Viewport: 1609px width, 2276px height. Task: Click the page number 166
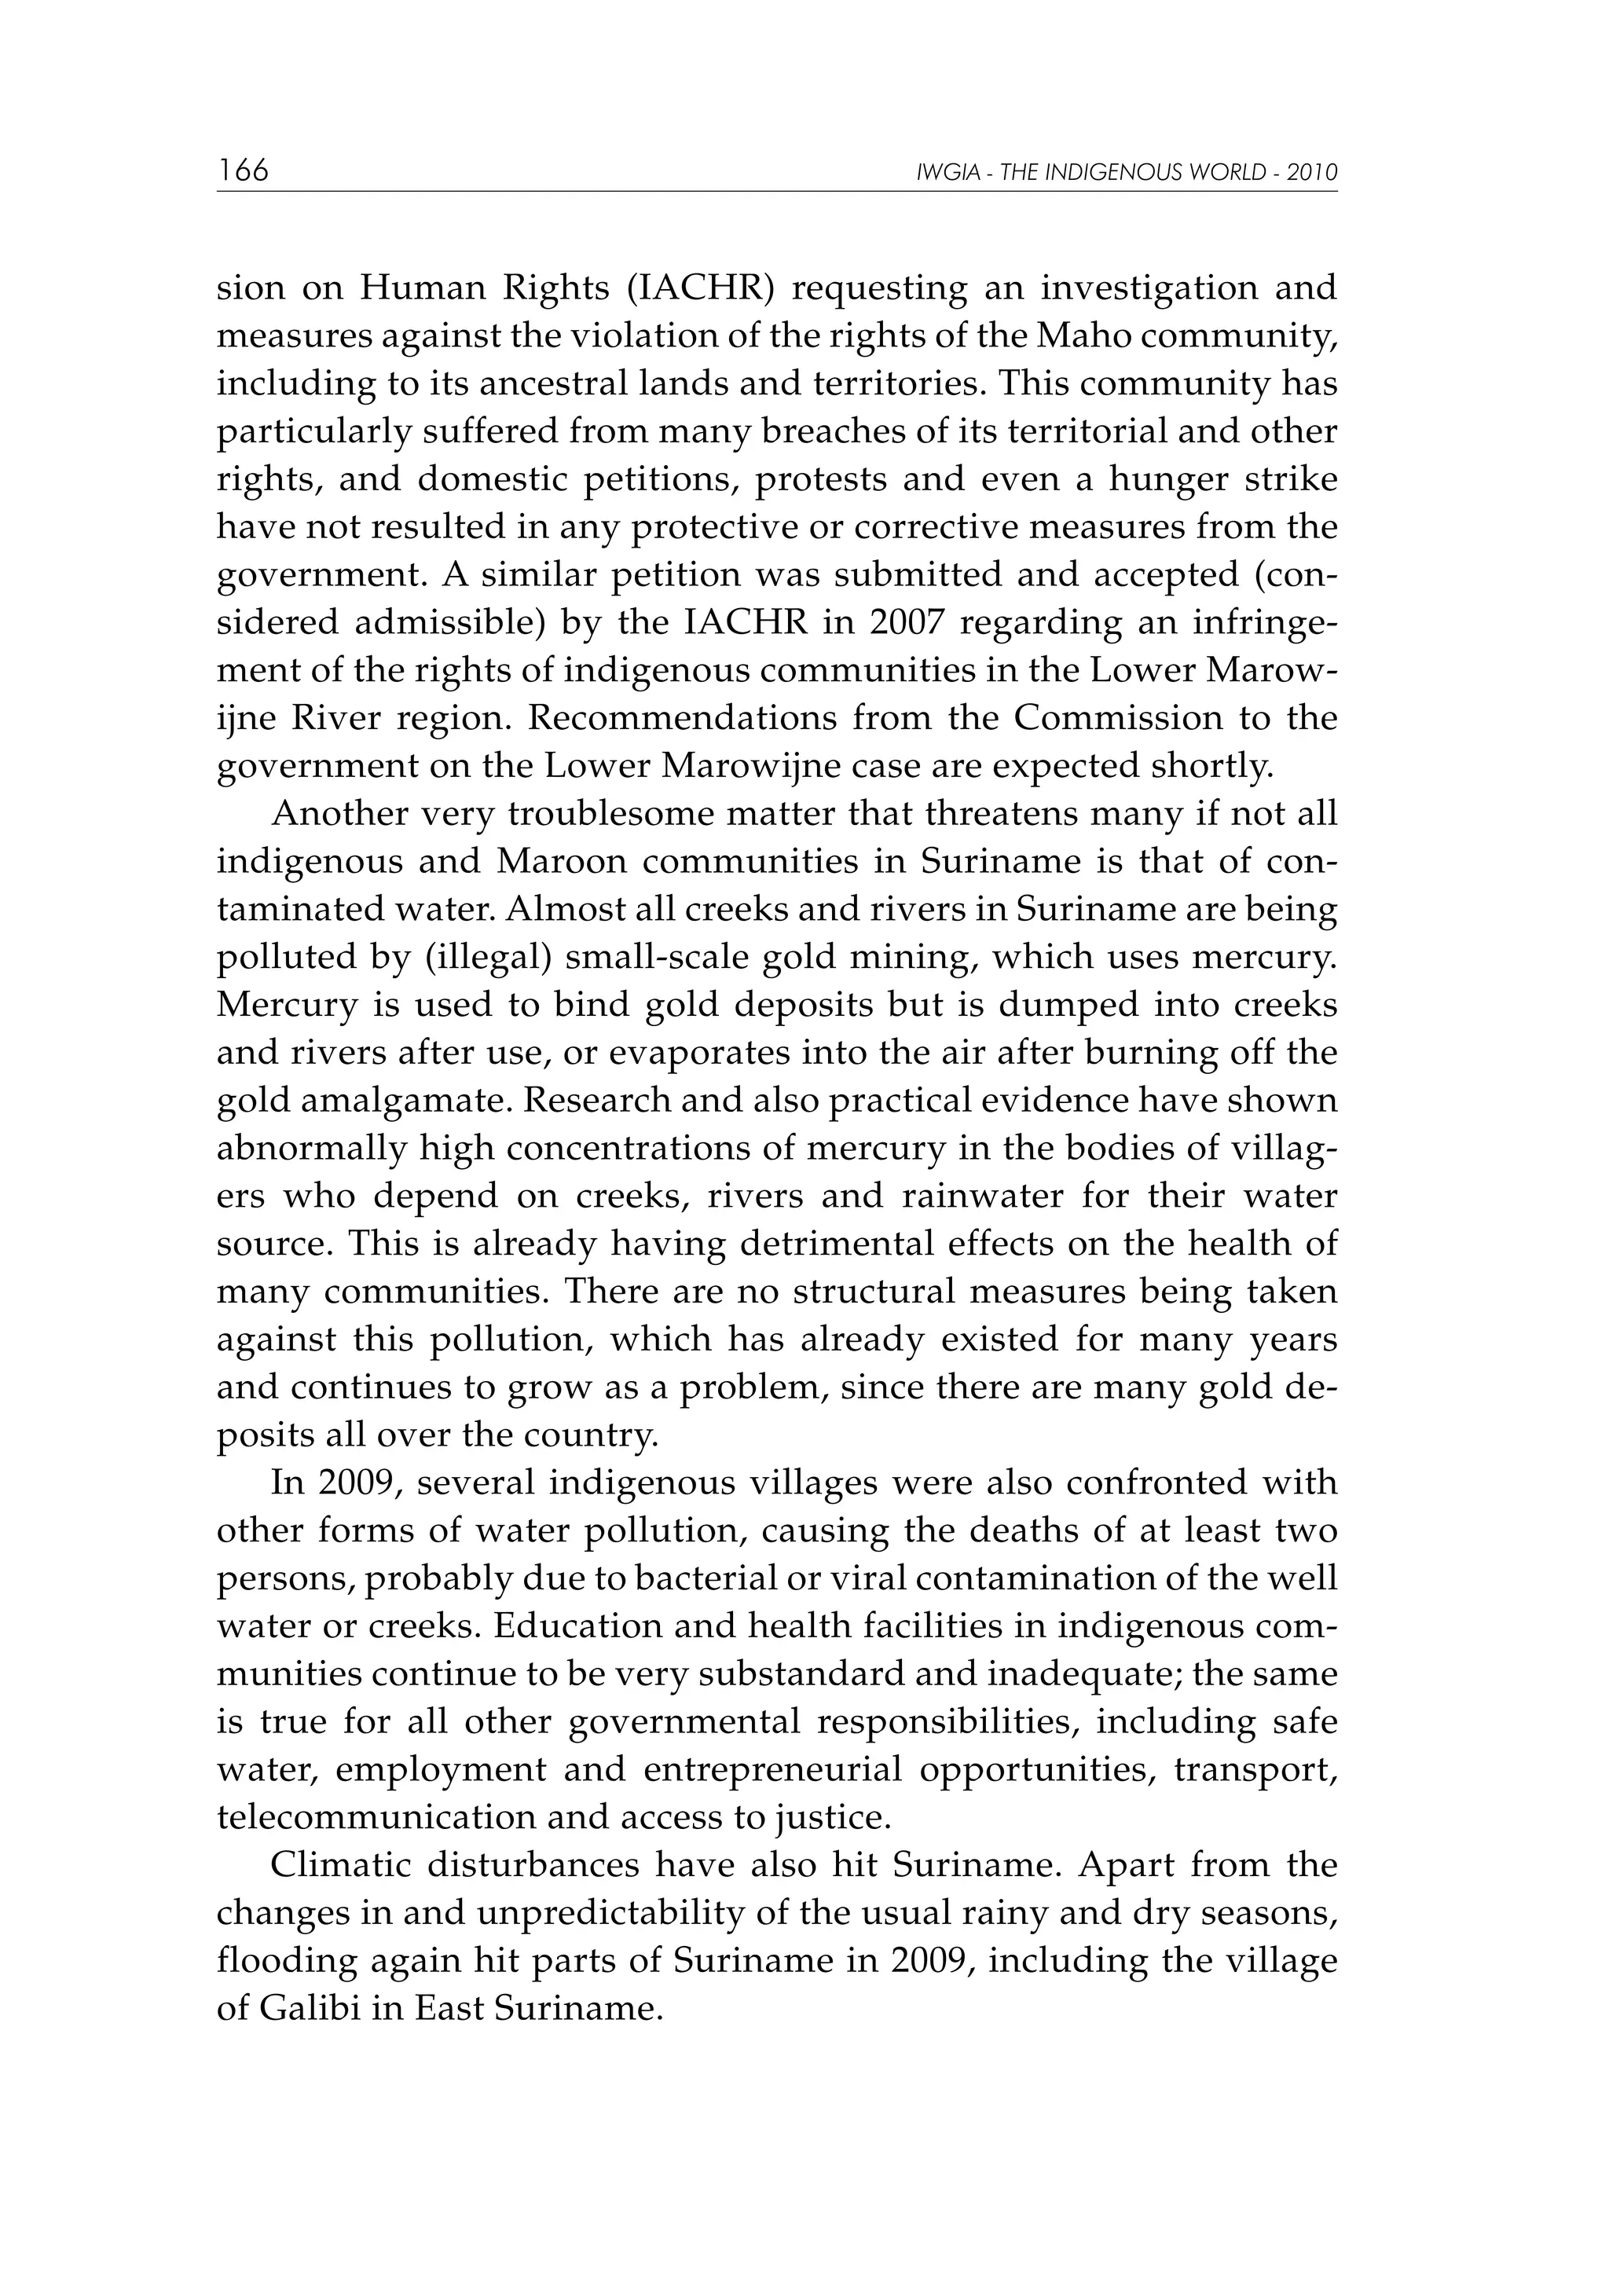(x=243, y=170)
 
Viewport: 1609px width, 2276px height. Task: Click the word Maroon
(x=561, y=861)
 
